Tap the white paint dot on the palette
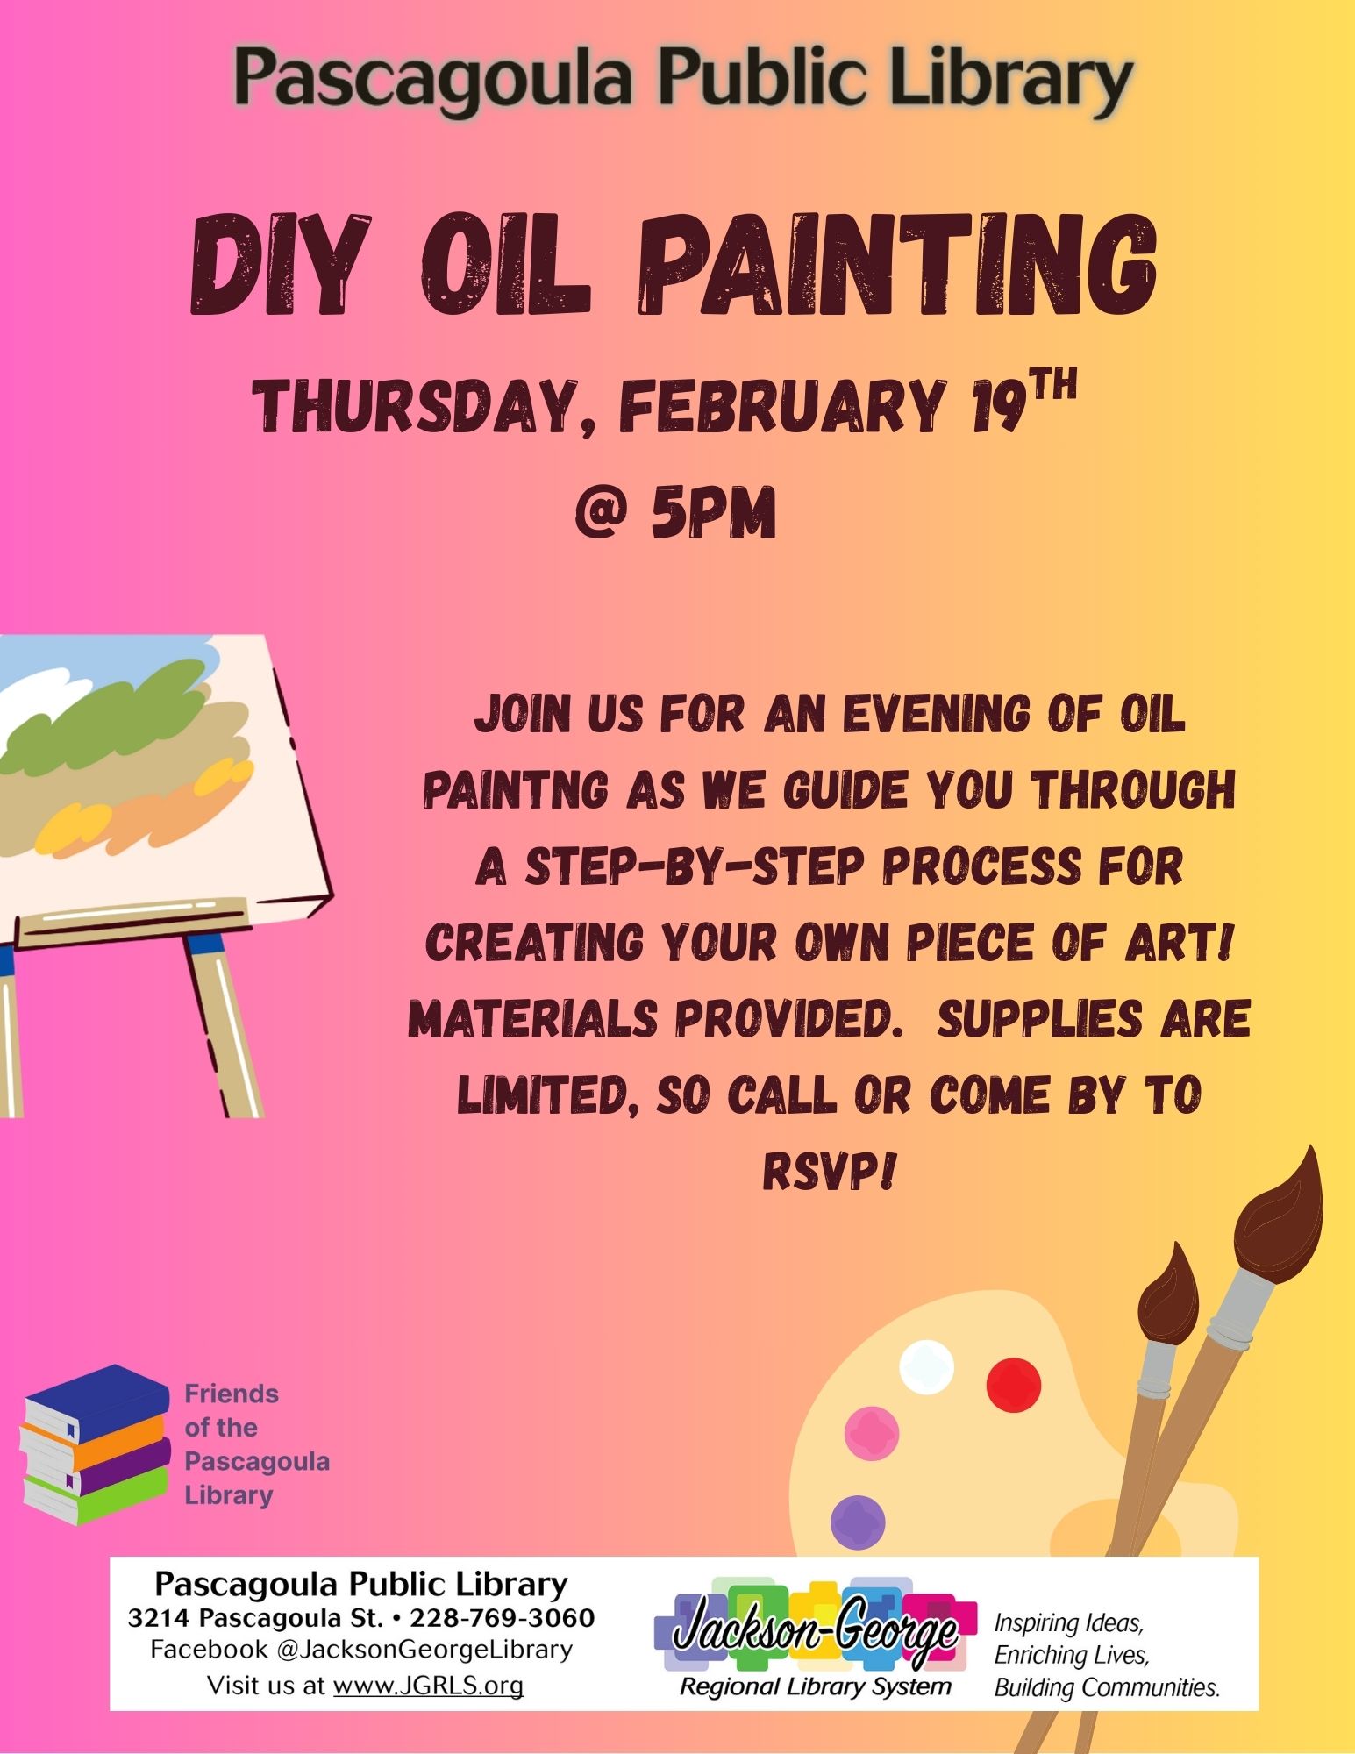tap(927, 1367)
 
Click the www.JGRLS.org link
tap(428, 1685)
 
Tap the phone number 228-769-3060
tap(503, 1617)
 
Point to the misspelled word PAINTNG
tap(516, 789)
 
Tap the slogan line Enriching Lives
tap(1071, 1655)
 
